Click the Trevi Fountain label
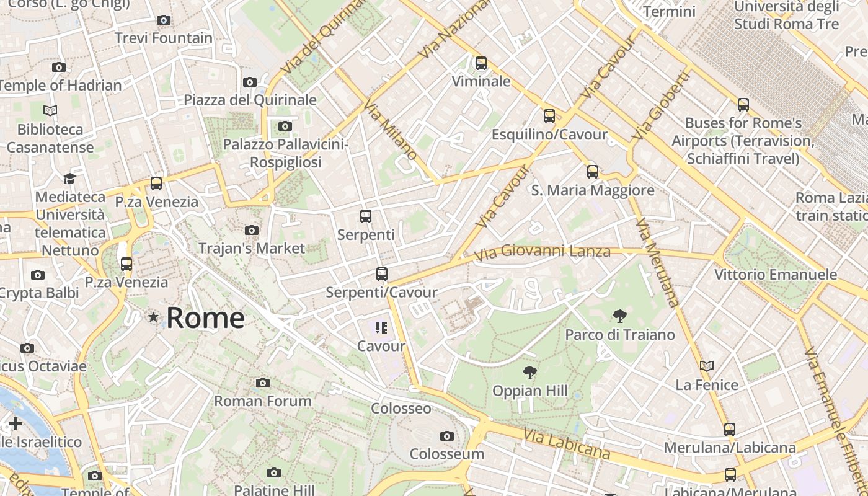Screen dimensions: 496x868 coord(164,38)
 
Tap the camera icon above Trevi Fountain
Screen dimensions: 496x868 coord(164,20)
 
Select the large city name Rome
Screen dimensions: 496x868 coord(205,318)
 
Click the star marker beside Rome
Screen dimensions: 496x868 coord(153,317)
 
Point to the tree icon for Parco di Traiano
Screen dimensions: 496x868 coord(619,316)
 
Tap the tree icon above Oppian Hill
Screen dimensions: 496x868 coord(529,373)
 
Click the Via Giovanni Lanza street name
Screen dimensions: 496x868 coord(542,252)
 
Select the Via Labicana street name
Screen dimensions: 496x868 coord(567,444)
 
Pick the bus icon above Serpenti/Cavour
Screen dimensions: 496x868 coord(382,273)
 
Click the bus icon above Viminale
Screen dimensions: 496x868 coord(481,63)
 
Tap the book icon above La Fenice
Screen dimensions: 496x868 coord(707,366)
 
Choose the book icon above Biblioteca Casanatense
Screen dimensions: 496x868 coord(50,110)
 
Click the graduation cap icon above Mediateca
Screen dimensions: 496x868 coord(69,179)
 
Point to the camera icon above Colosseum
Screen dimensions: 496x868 coord(446,436)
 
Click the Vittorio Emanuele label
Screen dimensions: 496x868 coord(776,274)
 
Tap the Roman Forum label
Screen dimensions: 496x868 coord(263,401)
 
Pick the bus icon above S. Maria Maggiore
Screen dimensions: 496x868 coord(593,172)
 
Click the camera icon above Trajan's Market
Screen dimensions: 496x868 coord(252,230)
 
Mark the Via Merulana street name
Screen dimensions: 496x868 coord(657,262)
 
